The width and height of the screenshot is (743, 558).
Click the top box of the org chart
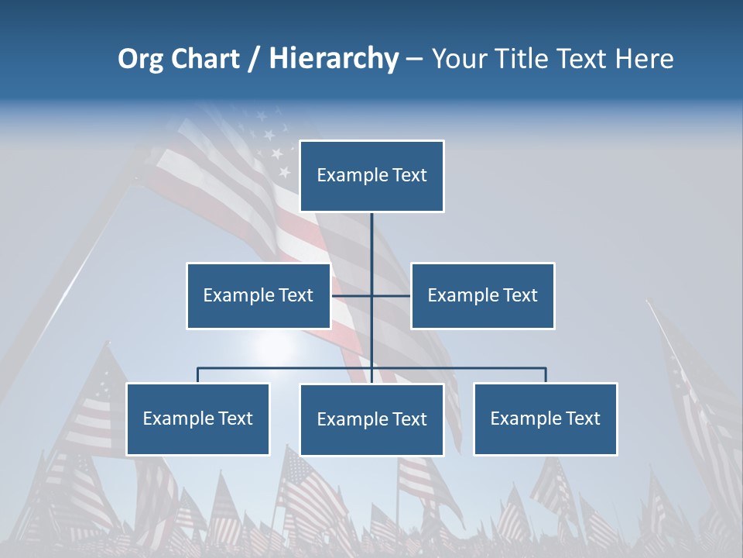[371, 176]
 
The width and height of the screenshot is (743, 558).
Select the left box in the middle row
[258, 295]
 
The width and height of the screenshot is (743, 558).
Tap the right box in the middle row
[482, 295]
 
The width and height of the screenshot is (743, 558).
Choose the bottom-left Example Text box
[197, 418]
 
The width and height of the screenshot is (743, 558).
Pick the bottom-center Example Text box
[371, 419]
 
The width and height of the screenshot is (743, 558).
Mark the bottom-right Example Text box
[545, 418]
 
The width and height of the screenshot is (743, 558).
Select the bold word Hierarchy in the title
[334, 59]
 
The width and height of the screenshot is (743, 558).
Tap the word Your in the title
[459, 59]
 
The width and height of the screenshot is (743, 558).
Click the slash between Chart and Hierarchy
[255, 59]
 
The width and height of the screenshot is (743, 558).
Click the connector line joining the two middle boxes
[352, 295]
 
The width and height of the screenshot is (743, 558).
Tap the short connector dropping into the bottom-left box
[197, 375]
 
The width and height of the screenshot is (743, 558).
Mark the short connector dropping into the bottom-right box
[546, 375]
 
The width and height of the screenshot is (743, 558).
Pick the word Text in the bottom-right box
[582, 418]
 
